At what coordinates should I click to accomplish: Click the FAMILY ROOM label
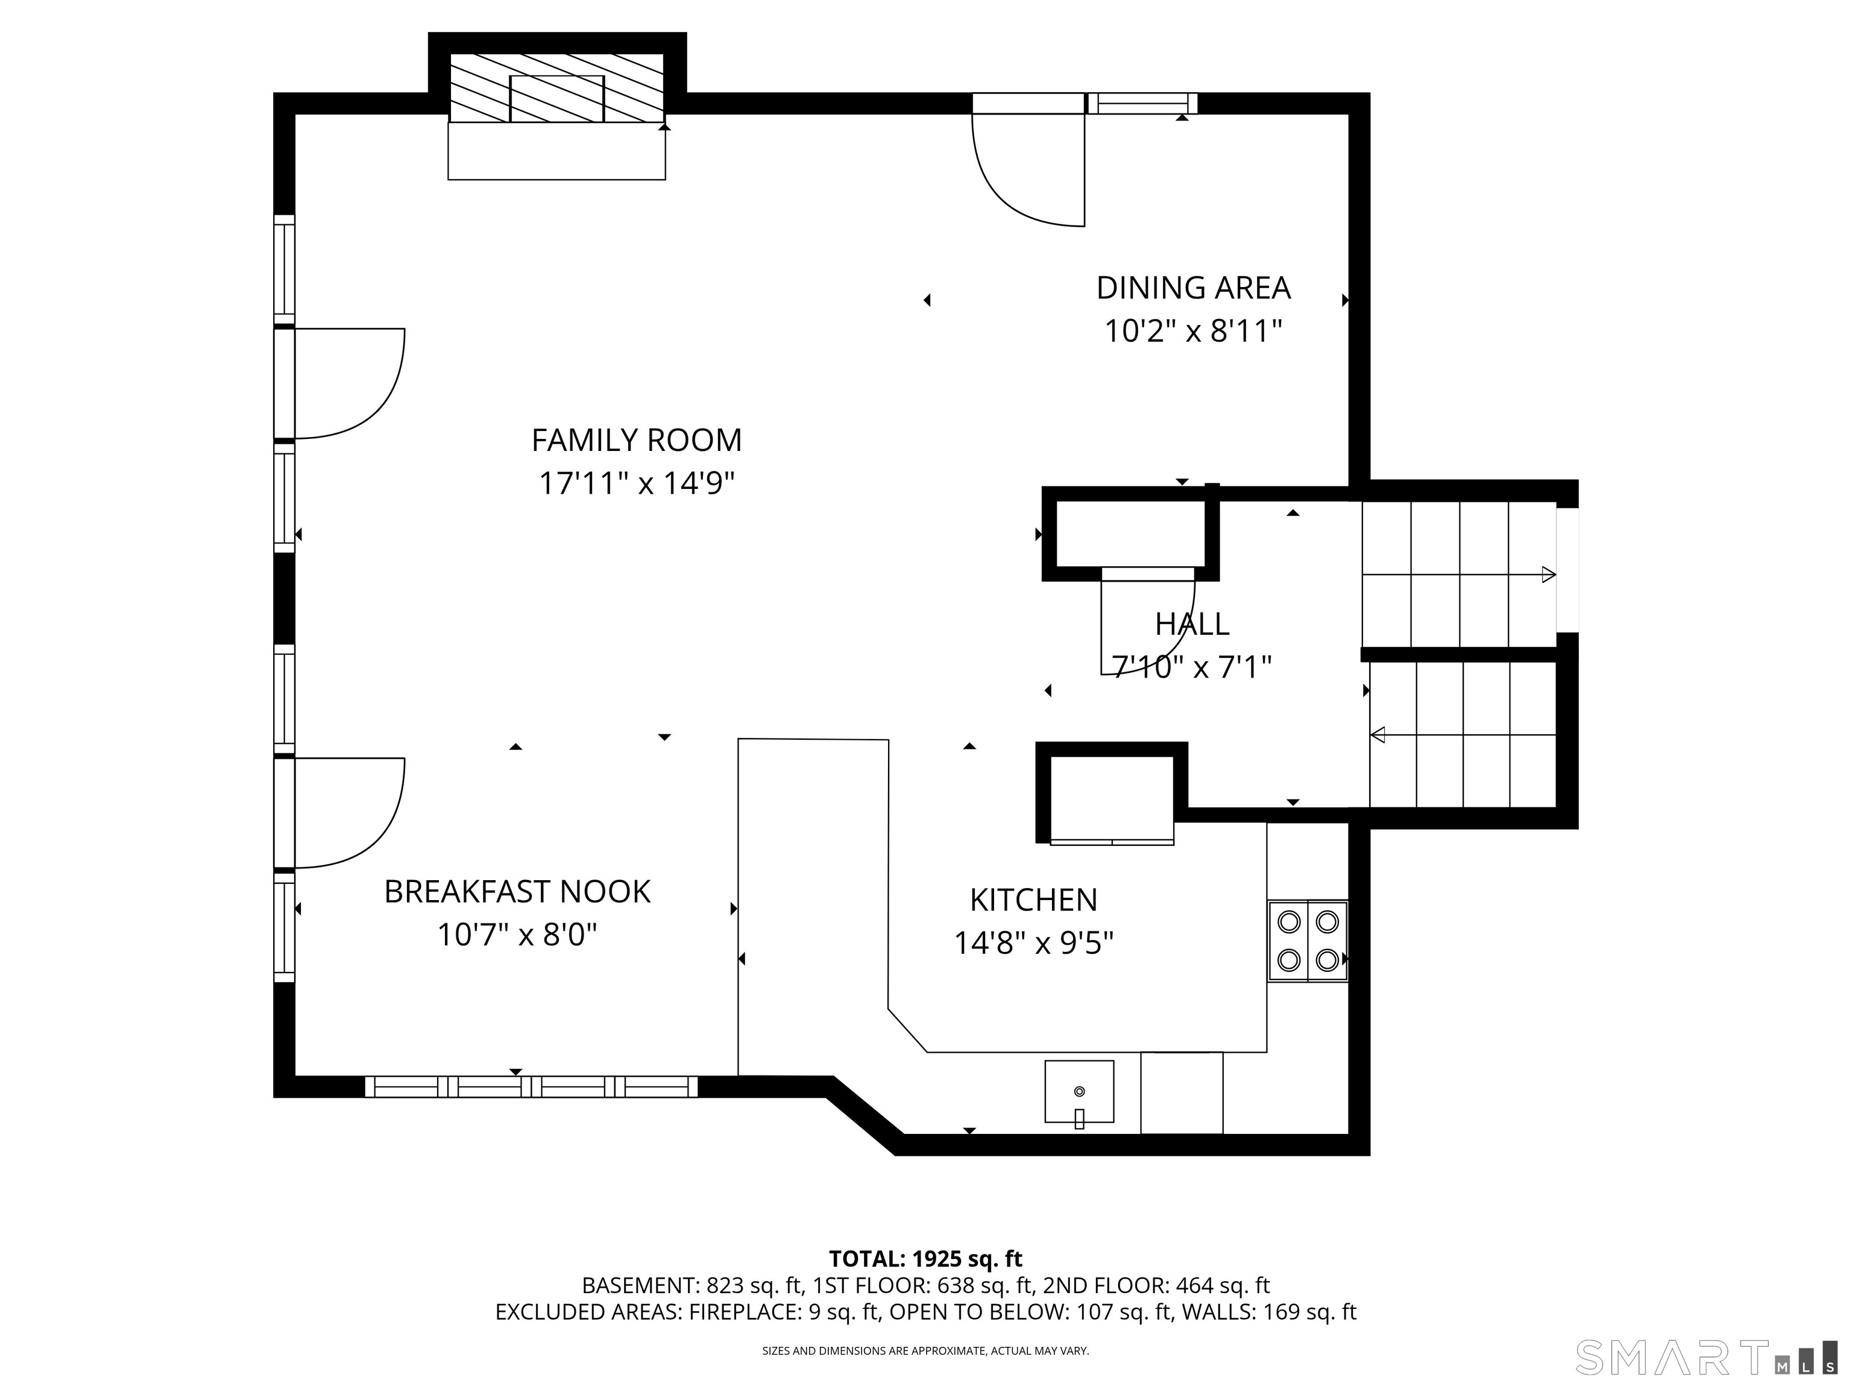click(636, 439)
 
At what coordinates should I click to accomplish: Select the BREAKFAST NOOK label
click(517, 892)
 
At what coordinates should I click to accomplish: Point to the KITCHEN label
click(1033, 900)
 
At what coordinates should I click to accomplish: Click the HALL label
click(1192, 624)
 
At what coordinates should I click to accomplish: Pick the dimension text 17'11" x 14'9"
click(636, 483)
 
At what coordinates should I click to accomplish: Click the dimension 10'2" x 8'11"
click(1193, 332)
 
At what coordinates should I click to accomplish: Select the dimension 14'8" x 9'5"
click(1033, 943)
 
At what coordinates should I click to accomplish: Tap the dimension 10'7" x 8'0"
click(517, 934)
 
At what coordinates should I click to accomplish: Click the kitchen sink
click(1079, 1092)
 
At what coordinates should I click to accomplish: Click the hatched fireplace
click(557, 88)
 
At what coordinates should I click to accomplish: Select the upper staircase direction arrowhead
click(1549, 575)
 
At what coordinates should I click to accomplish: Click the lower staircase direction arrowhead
click(1378, 735)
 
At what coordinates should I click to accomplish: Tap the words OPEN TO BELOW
click(978, 1312)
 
